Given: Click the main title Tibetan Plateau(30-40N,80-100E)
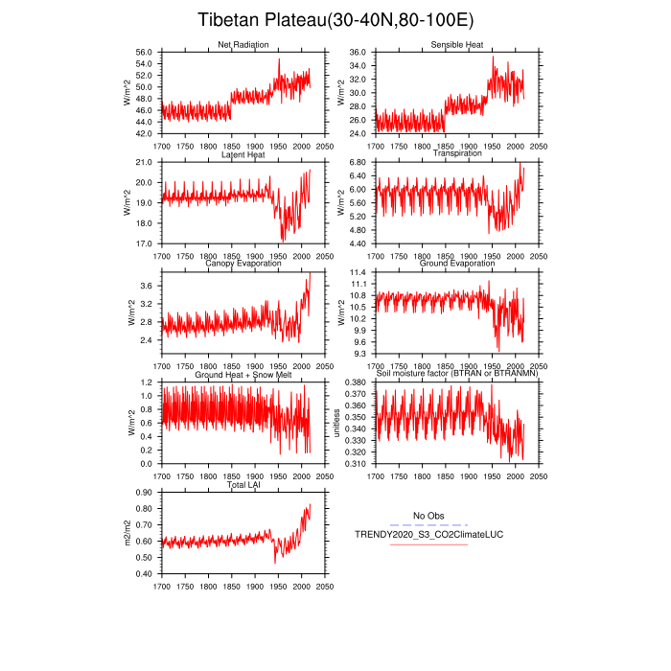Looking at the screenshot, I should coord(335,20).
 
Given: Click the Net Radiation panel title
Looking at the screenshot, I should coord(243,45).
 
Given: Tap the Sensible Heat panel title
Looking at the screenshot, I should coord(456,45).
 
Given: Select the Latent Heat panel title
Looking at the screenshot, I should coord(243,154).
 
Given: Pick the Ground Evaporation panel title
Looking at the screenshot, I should coord(457,264).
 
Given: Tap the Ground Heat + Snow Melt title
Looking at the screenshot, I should coord(243,374).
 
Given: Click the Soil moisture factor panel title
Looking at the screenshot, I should coord(457,374).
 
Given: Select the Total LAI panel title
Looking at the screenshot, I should coord(243,485).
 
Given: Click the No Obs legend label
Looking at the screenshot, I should coord(428,515).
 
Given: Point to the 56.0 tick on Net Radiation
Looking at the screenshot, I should coord(144,52).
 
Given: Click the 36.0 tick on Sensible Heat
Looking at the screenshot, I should coord(358,52).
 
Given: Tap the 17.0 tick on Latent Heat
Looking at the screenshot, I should coord(144,243).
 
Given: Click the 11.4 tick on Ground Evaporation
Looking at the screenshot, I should coord(358,272).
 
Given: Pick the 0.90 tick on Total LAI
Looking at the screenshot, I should coord(144,493).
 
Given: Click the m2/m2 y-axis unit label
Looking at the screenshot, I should coord(128,533).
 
